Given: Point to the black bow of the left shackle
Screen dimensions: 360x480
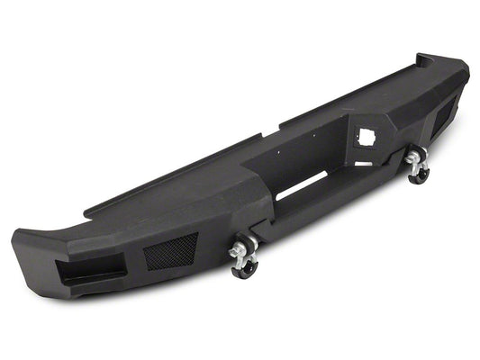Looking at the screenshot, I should pos(245,268).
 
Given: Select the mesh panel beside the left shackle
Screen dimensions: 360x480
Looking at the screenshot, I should pos(170,250).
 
